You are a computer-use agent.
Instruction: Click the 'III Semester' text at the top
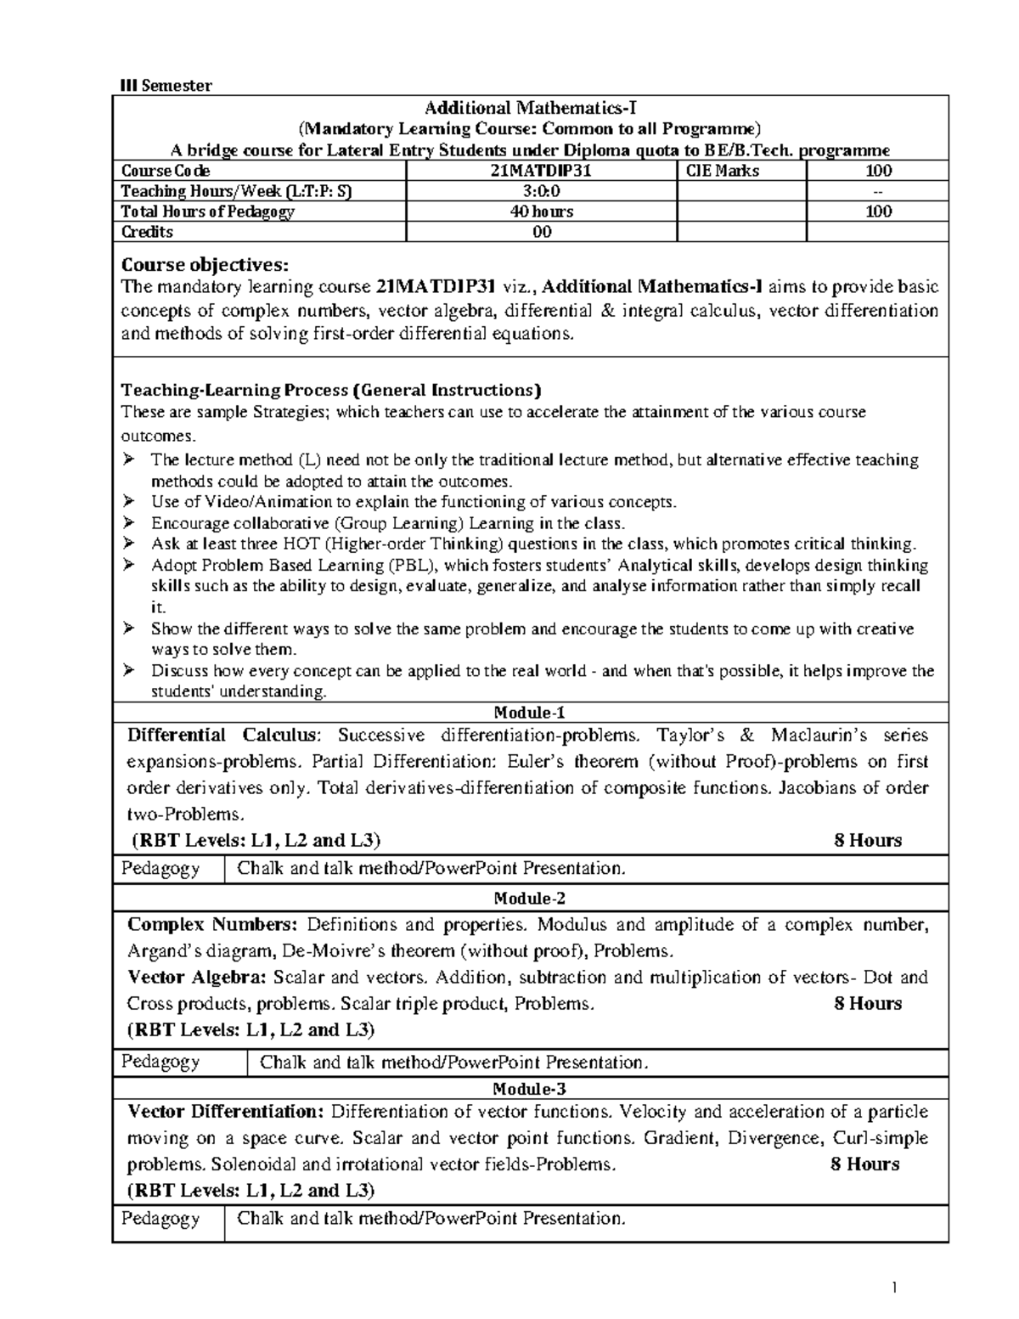click(166, 85)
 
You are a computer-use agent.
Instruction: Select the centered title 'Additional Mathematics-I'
click(530, 108)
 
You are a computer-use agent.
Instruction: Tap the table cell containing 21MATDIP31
click(542, 171)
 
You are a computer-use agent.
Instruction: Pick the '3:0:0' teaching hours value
click(541, 191)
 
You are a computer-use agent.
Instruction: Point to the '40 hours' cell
click(541, 211)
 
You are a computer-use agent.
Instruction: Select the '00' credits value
click(541, 232)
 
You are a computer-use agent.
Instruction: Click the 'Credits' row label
click(147, 232)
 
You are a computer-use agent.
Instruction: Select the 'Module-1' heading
click(530, 713)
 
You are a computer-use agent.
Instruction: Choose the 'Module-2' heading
click(530, 898)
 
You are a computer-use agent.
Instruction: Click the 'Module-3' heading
click(530, 1089)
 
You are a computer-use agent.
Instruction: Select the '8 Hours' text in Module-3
click(864, 1164)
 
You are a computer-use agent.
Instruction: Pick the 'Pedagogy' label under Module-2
click(160, 1062)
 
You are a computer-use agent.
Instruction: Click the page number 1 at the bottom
click(894, 1288)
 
